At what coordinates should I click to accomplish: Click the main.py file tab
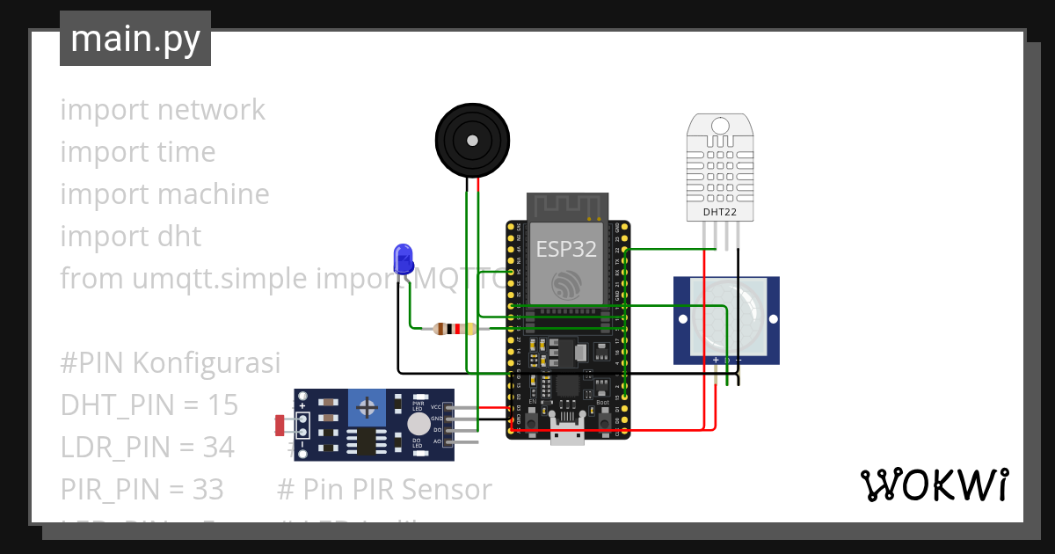point(135,39)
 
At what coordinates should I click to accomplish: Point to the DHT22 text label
point(720,212)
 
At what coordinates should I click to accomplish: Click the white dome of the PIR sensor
point(725,317)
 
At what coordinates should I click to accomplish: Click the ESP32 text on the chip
point(567,249)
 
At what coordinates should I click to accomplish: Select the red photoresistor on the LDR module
point(280,426)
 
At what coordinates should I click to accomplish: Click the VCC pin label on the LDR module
point(436,407)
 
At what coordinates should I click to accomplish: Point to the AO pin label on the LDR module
point(437,440)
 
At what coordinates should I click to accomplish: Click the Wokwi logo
point(934,485)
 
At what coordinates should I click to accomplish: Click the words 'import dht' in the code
point(130,237)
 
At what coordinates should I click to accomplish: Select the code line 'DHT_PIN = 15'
point(149,405)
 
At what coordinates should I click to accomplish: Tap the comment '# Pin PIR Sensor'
point(384,490)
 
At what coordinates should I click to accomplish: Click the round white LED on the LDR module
point(419,424)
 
